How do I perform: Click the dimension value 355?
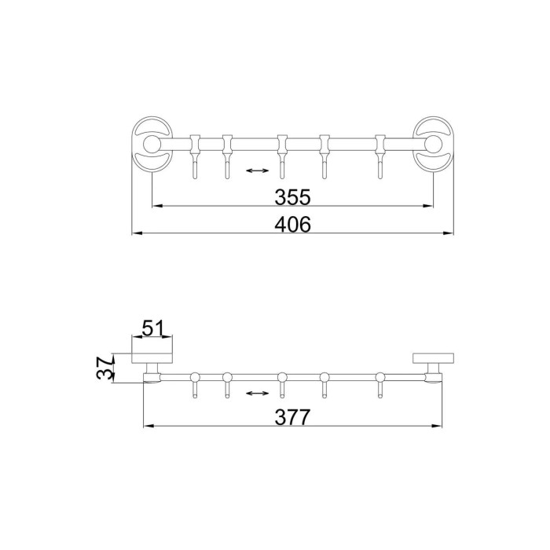(x=292, y=196)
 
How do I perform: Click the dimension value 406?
(x=292, y=225)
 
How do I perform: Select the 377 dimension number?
(x=292, y=417)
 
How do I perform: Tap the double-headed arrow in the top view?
(x=258, y=170)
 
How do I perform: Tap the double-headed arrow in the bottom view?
(x=258, y=393)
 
